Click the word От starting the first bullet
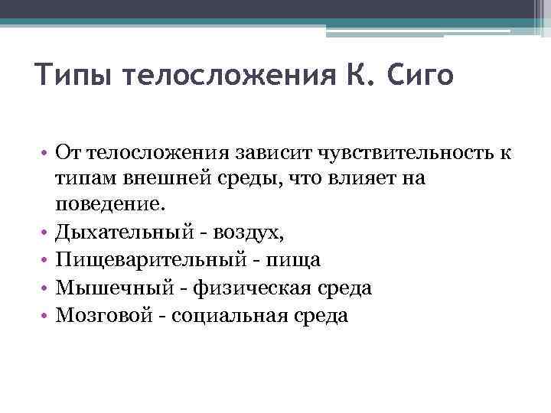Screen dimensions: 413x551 coord(68,153)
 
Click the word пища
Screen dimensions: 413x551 coord(295,260)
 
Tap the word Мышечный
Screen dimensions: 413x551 coord(106,288)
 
